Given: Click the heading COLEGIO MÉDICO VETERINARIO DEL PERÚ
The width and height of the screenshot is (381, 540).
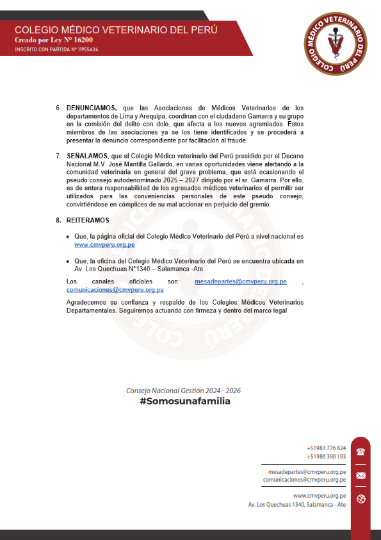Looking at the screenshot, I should (116, 30).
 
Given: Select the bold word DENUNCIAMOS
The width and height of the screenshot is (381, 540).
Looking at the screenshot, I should (92, 108).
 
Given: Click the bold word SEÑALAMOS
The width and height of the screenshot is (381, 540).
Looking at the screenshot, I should (87, 156).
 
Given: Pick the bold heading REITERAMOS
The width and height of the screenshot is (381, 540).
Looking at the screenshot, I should (88, 221).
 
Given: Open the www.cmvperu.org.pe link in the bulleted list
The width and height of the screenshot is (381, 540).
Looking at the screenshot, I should (104, 245).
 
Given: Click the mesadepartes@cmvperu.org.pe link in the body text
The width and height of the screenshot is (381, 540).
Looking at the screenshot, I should (240, 282).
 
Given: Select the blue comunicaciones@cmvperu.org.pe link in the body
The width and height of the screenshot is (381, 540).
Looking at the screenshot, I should (115, 290).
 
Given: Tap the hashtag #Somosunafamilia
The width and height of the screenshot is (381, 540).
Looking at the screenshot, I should (184, 401).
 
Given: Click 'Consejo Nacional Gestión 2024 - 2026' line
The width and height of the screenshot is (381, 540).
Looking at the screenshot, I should (183, 391).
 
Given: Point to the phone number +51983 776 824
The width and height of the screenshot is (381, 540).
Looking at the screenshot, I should (327, 448).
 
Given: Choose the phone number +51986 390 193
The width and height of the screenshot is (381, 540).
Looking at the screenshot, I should (327, 456).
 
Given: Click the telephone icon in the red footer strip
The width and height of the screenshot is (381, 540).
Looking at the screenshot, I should (361, 451).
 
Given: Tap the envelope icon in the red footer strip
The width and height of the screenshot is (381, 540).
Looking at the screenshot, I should (361, 475).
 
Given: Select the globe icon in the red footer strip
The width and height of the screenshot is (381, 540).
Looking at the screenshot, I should (361, 500).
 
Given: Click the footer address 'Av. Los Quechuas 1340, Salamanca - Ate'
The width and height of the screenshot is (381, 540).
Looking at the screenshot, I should (297, 505).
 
